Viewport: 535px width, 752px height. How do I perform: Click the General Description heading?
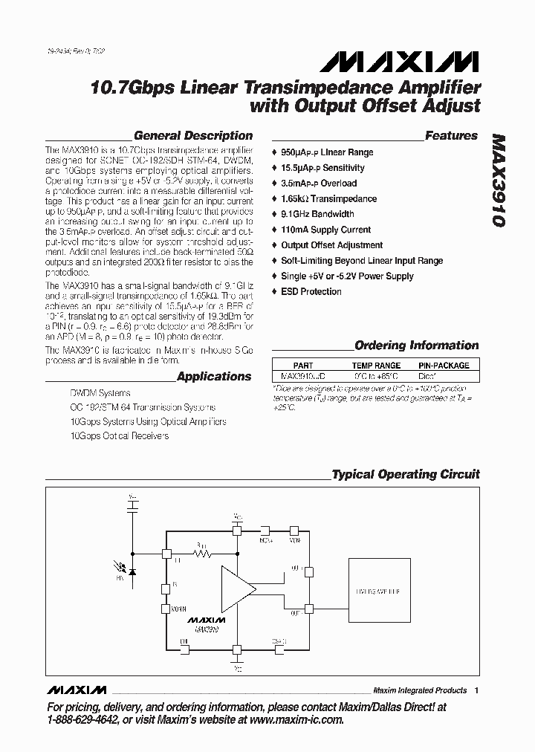coord(192,136)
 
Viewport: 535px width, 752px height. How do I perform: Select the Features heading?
coord(451,136)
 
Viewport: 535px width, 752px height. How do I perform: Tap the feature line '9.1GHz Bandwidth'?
coord(317,214)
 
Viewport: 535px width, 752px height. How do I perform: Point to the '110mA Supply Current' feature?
coord(325,230)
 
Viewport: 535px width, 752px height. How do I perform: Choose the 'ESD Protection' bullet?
coord(311,291)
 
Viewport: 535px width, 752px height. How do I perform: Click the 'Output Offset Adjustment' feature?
coord(331,245)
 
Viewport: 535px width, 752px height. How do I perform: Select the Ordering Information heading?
coord(416,346)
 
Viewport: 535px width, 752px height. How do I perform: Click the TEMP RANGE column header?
coord(376,366)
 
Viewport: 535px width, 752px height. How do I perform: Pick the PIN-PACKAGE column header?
coord(444,366)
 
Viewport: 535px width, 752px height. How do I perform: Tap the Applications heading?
coord(214,377)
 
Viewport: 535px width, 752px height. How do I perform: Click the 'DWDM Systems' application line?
coord(100,393)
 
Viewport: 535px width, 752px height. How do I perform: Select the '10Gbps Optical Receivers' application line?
coord(119,435)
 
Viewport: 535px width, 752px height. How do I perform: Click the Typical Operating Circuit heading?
coord(406,474)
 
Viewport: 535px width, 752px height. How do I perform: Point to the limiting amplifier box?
coord(383,592)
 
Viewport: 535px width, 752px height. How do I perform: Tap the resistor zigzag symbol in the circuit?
coord(203,554)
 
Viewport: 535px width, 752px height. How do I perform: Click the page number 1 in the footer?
coord(476,690)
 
